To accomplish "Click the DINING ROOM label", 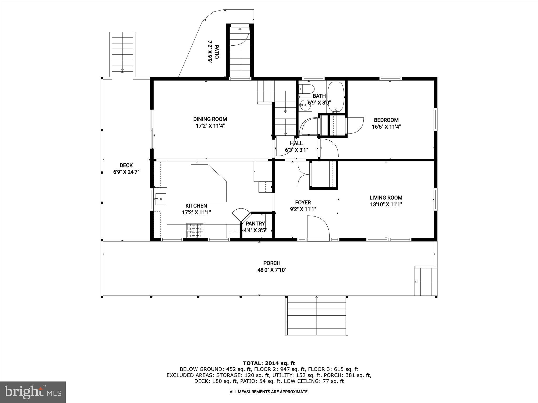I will point(210,119).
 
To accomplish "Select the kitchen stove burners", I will point(195,230).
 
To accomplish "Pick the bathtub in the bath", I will point(336,97).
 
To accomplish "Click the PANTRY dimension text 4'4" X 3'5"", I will point(255,230).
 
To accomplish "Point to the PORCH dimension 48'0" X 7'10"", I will point(272,270).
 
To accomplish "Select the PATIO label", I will point(216,52).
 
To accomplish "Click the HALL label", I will point(296,143).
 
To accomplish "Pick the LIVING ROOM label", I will point(386,198).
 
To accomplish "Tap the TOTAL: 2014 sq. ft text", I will point(269,363).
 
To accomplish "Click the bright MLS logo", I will point(33,392).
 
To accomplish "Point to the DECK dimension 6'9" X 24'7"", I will point(126,172).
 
